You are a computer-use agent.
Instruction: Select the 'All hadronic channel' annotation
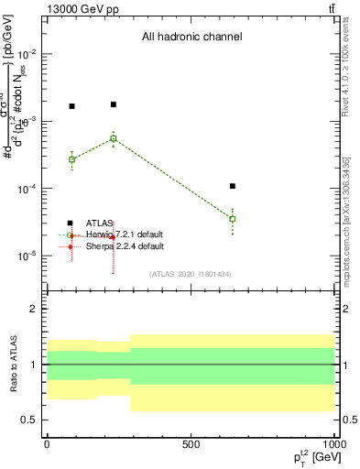[x=191, y=38]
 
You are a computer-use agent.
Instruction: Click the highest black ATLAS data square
[x=114, y=104]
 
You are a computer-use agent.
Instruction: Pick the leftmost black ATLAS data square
[x=71, y=106]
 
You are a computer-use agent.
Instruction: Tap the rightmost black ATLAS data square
[x=233, y=186]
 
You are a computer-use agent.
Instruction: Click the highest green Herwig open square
[x=114, y=138]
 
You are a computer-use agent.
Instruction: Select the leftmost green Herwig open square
[x=71, y=159]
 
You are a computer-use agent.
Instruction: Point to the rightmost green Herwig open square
[x=233, y=219]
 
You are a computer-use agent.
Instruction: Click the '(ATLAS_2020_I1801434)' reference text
[x=191, y=274]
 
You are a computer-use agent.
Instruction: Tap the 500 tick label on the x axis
[x=191, y=444]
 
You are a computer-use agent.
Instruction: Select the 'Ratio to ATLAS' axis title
[x=12, y=365]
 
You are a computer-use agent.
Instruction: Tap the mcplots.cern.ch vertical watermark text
[x=352, y=220]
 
